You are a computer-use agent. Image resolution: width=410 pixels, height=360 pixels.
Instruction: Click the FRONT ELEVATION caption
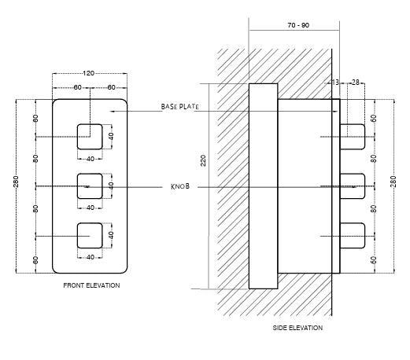91,285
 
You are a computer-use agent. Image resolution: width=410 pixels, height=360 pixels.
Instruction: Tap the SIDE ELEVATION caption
297,327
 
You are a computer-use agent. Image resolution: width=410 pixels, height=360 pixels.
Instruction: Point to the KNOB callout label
180,186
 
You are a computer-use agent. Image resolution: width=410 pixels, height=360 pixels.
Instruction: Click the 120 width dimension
89,73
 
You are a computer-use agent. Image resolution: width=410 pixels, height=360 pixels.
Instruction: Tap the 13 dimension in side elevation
336,82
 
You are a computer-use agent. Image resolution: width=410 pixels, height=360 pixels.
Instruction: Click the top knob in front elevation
90,137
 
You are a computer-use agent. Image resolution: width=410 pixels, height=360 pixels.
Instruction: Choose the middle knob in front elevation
90,186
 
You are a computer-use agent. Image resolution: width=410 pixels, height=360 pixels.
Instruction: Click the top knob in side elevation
353,137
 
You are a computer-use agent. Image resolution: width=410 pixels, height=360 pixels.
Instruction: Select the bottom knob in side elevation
353,236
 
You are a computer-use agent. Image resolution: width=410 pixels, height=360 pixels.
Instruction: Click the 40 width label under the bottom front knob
90,257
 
